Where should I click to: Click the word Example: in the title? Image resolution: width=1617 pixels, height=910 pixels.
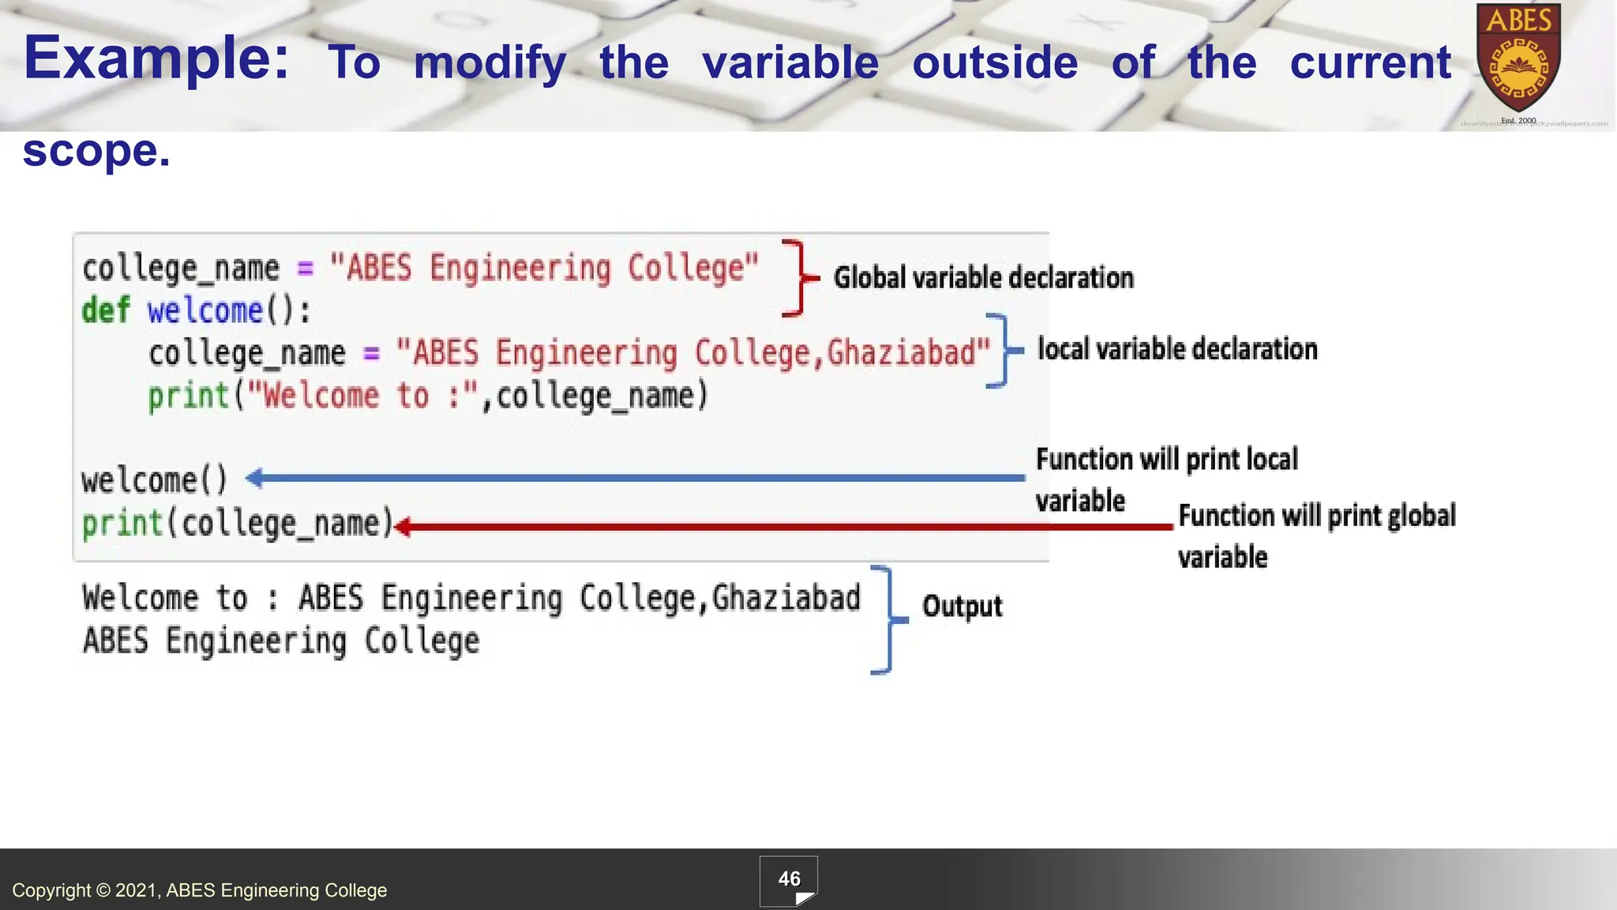(x=156, y=58)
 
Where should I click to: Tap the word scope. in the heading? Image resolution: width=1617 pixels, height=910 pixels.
(x=96, y=151)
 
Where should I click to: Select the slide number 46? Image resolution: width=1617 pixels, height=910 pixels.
(x=789, y=879)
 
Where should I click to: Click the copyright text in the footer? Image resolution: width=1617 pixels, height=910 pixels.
(x=199, y=890)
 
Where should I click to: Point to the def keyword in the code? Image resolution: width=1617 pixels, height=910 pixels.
(x=105, y=310)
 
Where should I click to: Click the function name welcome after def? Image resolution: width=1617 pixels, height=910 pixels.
(x=204, y=310)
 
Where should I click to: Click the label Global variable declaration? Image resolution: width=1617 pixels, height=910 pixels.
(x=983, y=278)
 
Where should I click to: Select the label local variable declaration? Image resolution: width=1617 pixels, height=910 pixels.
(x=1176, y=349)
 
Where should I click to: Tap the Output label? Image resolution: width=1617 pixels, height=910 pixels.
(x=962, y=607)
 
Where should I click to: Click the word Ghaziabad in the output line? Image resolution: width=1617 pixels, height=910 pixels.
(x=786, y=598)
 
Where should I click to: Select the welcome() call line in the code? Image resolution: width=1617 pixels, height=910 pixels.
(x=155, y=480)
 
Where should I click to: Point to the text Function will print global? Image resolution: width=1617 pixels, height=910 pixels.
(x=1316, y=516)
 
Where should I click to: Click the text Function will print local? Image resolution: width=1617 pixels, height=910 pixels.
(x=1166, y=460)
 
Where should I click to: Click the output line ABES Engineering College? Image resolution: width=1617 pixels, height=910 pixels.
(x=281, y=641)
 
